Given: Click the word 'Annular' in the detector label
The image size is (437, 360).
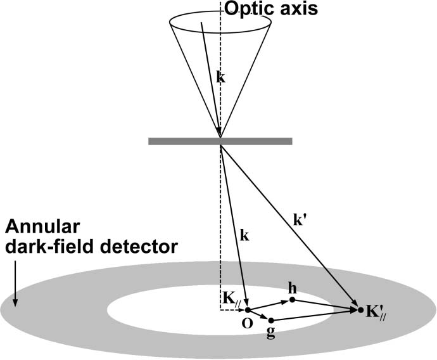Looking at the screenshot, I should coord(34,227).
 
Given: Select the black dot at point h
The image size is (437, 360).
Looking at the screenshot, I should coord(291,299).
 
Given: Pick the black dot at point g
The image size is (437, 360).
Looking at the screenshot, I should coord(271,319).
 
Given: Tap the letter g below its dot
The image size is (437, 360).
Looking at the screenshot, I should coord(271,333).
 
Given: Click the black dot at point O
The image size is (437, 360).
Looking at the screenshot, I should coord(248,310).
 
